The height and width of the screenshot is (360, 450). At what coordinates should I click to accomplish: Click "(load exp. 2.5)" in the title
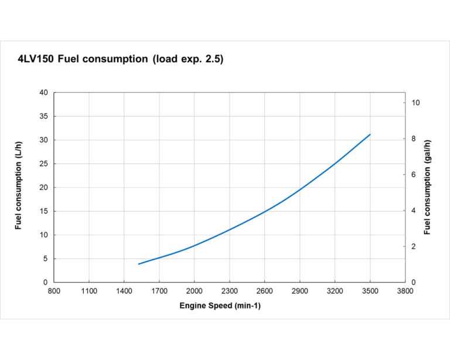187,60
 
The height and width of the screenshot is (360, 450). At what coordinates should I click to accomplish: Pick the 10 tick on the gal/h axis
416,103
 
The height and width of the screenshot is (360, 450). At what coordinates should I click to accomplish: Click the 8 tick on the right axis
414,139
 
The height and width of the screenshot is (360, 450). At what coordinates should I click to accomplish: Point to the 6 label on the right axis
414,175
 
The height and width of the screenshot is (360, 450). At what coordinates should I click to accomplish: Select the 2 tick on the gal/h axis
414,247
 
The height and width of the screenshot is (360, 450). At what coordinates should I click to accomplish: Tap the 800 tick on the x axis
54,291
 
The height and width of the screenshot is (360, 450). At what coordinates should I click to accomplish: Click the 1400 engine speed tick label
124,291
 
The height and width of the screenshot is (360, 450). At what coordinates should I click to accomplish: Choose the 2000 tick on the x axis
195,291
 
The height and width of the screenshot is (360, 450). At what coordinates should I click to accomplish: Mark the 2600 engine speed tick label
265,291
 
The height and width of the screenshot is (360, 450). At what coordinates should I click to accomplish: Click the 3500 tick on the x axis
370,291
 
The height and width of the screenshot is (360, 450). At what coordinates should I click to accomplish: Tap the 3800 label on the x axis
405,291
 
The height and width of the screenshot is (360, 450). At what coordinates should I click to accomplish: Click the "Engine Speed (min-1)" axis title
220,306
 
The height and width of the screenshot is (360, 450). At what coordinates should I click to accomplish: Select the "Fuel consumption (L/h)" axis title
19,185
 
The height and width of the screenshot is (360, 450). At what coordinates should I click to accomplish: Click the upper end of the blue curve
370,134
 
